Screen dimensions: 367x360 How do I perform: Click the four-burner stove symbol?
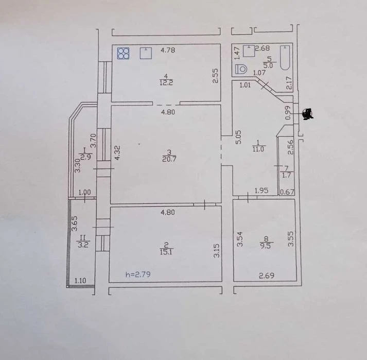tap(123, 54)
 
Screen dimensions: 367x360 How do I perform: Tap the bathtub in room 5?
tap(285, 58)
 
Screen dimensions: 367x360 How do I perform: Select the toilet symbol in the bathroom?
tap(241, 69)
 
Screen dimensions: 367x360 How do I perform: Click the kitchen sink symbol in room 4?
tap(146, 53)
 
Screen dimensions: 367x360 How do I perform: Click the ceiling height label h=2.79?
tap(138, 274)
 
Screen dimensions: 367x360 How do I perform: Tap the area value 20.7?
tap(169, 159)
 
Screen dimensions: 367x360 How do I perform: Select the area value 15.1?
tap(166, 252)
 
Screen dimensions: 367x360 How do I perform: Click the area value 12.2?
tap(166, 82)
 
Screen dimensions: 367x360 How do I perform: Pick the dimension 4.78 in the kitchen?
tap(168, 50)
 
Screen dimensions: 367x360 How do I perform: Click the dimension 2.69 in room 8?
tap(267, 276)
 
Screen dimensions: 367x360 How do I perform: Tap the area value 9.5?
tap(266, 246)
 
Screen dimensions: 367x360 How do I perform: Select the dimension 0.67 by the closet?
tap(287, 192)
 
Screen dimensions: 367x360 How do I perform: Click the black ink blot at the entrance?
tap(308, 114)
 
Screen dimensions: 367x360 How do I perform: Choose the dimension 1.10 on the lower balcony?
tap(80, 280)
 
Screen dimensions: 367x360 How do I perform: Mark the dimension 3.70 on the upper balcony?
tap(94, 140)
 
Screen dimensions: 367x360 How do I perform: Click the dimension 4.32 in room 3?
tap(117, 153)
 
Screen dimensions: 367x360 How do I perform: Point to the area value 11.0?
tap(258, 149)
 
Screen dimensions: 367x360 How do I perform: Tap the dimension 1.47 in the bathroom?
tap(237, 53)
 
